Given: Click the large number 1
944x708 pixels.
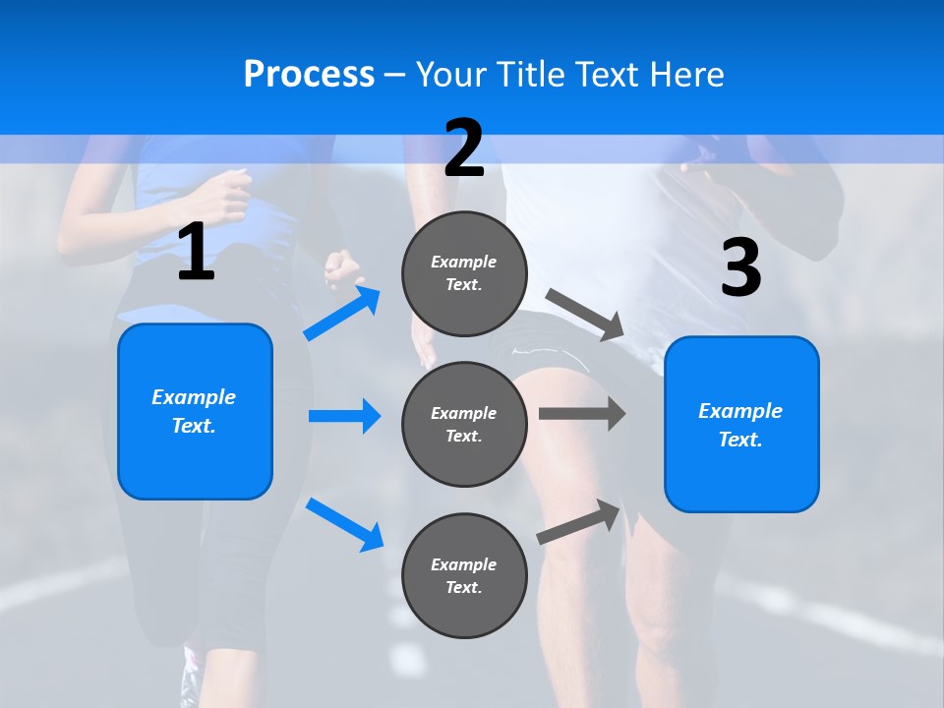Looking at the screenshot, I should [196, 253].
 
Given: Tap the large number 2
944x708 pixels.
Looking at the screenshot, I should [464, 147].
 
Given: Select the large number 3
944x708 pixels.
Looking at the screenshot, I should [740, 268].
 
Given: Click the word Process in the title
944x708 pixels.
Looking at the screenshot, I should [309, 75].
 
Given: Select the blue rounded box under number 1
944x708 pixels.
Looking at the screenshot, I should [195, 411].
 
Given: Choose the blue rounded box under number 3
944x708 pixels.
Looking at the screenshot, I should [741, 424].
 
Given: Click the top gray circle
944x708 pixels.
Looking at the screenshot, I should [464, 273].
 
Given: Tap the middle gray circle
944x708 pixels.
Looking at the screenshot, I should [464, 424].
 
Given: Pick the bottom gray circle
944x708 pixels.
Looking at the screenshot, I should [464, 575].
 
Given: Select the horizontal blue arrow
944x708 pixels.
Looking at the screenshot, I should [344, 416].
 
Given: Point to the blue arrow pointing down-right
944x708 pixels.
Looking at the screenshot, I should [345, 524].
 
